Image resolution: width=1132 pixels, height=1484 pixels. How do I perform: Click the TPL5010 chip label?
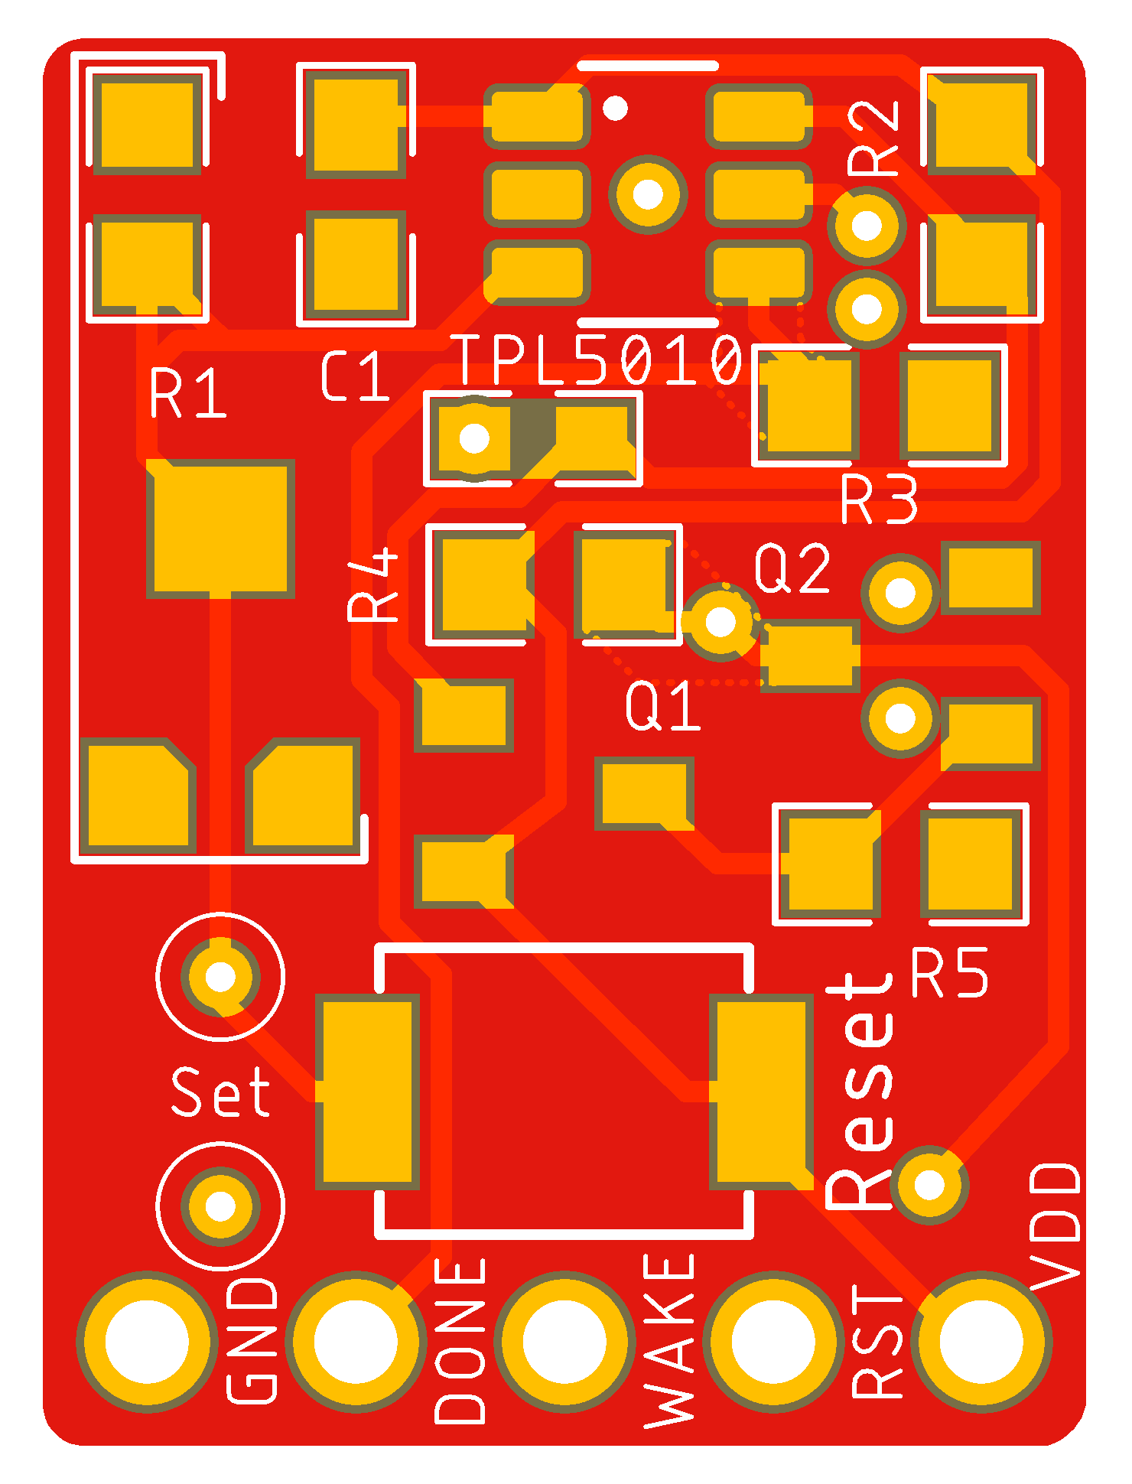(x=599, y=360)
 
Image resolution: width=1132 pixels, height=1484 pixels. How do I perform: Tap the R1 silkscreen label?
(x=188, y=393)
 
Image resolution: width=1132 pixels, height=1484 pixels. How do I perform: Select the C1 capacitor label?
(x=356, y=376)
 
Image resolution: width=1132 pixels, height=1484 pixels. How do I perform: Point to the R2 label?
(x=873, y=138)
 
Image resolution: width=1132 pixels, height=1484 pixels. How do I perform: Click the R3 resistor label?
(x=880, y=499)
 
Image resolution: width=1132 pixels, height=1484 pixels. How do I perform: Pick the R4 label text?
(x=373, y=584)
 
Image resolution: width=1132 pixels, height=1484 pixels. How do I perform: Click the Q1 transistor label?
(x=662, y=705)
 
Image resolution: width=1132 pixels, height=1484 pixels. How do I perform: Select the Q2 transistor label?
(x=792, y=568)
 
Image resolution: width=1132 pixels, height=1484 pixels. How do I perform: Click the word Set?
(x=220, y=1092)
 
